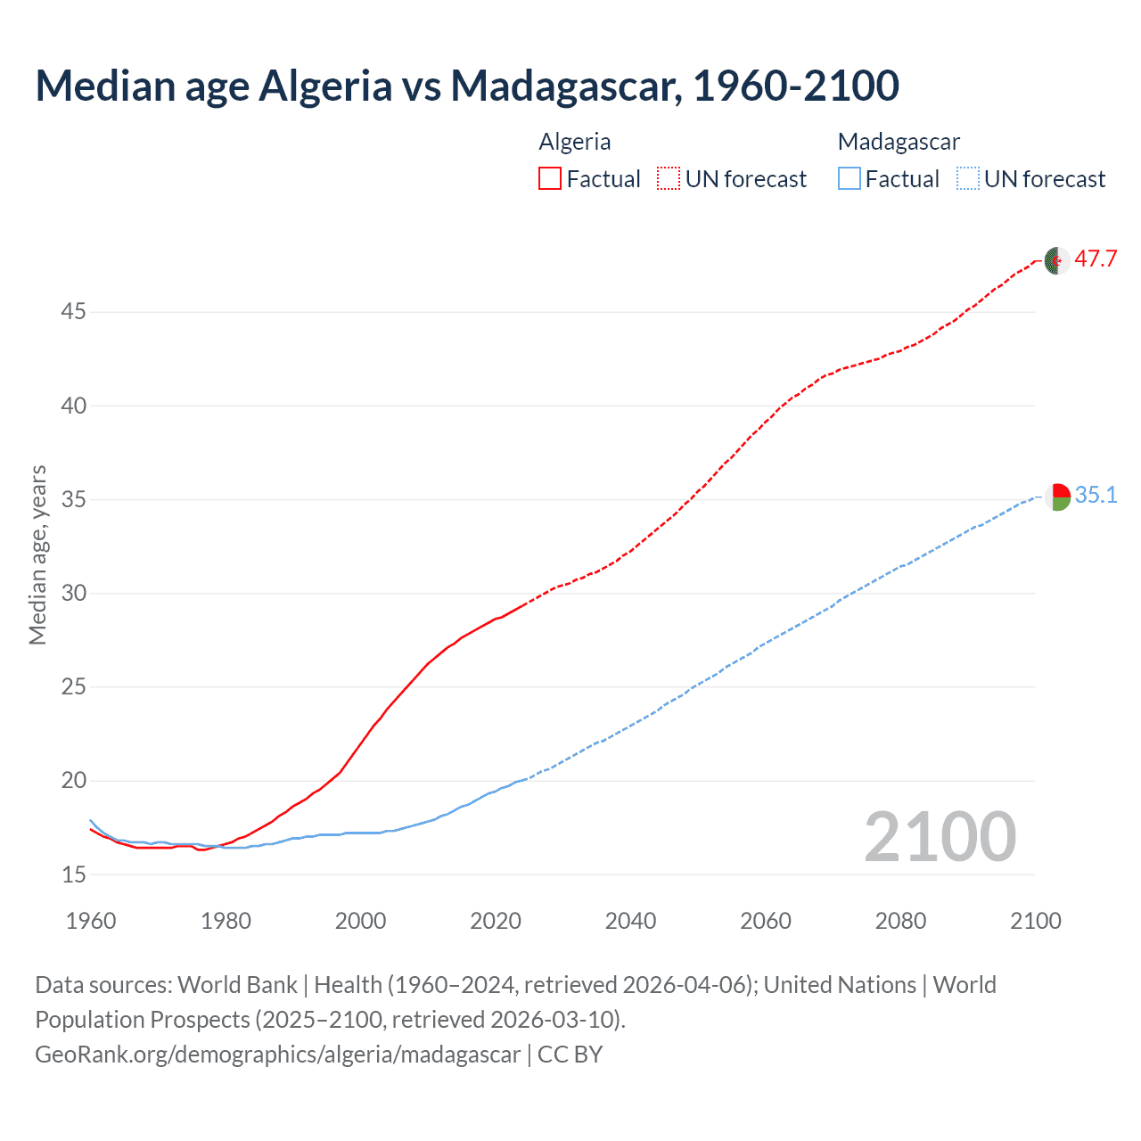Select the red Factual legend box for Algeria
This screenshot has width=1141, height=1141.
[550, 179]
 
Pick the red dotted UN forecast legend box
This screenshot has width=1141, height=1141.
[669, 179]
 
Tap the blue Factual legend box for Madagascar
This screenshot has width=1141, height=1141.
[849, 179]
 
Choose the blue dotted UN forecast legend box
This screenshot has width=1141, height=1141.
[967, 179]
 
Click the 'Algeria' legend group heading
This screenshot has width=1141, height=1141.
[575, 142]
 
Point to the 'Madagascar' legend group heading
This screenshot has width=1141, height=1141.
[899, 142]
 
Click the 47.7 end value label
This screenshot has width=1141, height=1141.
[1096, 259]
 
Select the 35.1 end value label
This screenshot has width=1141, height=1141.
[1096, 496]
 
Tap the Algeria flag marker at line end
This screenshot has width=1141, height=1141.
[1056, 261]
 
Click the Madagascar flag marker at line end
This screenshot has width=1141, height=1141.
[1057, 497]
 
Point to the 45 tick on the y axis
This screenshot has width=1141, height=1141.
[74, 312]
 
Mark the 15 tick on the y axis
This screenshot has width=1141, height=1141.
[74, 874]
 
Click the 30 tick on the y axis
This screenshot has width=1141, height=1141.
[74, 594]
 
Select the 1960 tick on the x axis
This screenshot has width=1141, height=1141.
[91, 921]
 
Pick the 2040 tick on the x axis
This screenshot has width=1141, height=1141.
[630, 921]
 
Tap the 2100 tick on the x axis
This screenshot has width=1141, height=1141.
[1035, 921]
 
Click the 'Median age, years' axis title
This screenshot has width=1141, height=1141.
[37, 554]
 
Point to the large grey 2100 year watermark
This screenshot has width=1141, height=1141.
[940, 837]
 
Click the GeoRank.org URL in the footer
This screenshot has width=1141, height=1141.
[277, 1055]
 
